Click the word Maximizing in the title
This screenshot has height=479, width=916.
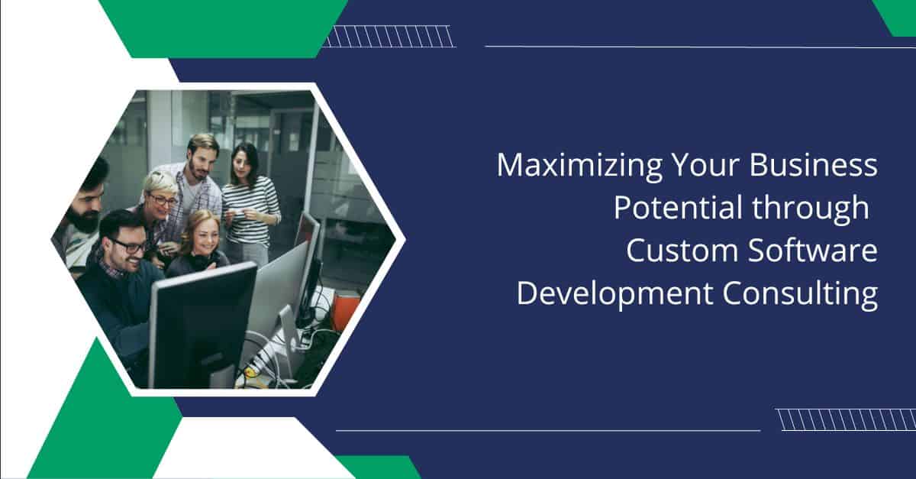(x=579, y=167)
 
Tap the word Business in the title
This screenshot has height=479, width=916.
(x=814, y=165)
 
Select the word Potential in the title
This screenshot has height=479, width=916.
(x=679, y=207)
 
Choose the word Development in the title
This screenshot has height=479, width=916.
(x=614, y=295)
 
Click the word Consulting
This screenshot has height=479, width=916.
(x=800, y=295)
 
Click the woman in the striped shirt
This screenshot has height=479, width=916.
(x=249, y=201)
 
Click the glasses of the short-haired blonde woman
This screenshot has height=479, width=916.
(x=163, y=200)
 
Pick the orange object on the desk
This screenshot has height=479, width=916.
(x=346, y=311)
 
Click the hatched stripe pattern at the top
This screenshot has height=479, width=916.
(x=389, y=37)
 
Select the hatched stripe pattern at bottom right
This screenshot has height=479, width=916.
(x=845, y=419)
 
